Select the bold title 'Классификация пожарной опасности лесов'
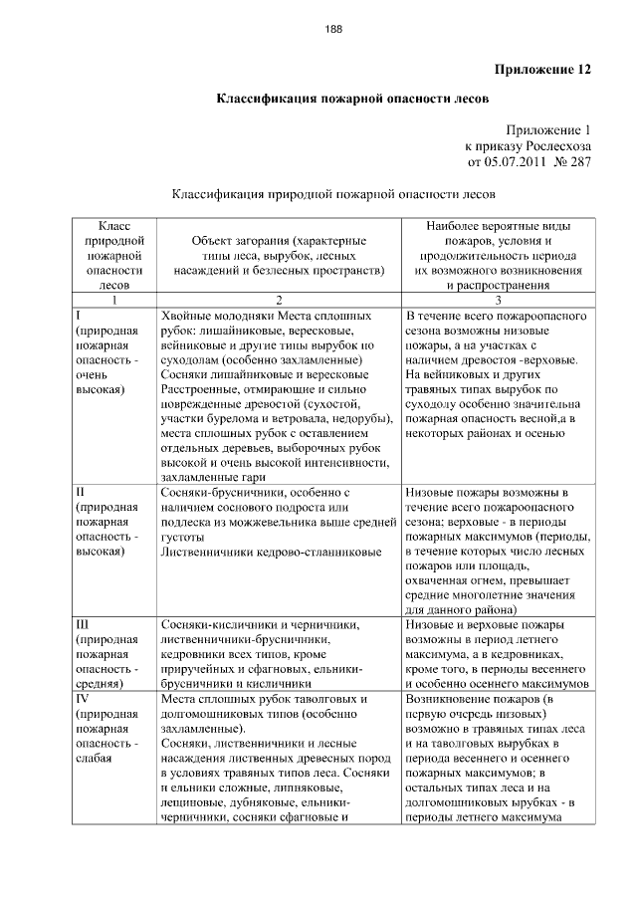[x=353, y=100]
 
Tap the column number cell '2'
[x=279, y=300]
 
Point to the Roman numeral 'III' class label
[x=85, y=624]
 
